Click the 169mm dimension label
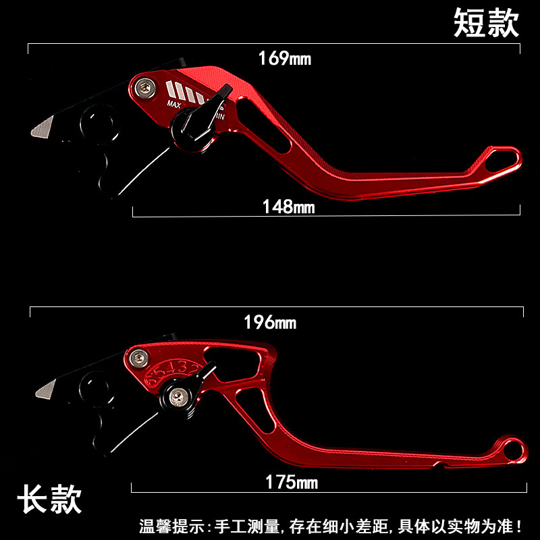click(x=284, y=58)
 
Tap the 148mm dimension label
click(x=288, y=207)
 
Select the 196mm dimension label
click(x=270, y=322)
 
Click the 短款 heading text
click(x=485, y=23)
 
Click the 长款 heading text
click(x=49, y=500)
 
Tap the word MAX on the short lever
click(x=173, y=104)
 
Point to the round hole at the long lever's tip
click(x=514, y=448)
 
